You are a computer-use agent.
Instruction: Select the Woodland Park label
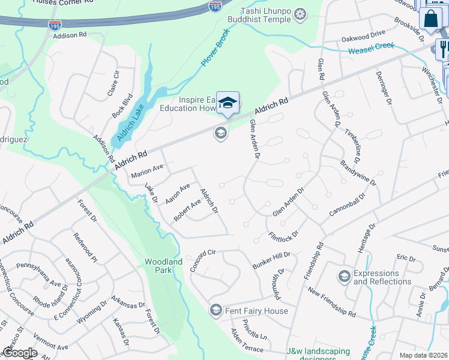point(163,266)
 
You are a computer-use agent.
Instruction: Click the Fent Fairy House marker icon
point(215,310)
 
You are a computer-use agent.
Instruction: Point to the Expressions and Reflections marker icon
point(344,276)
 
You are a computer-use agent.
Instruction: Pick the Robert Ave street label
point(187,209)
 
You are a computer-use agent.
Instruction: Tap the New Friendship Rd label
point(331,302)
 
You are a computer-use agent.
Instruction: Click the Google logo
point(20,353)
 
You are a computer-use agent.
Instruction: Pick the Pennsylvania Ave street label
point(38,274)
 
